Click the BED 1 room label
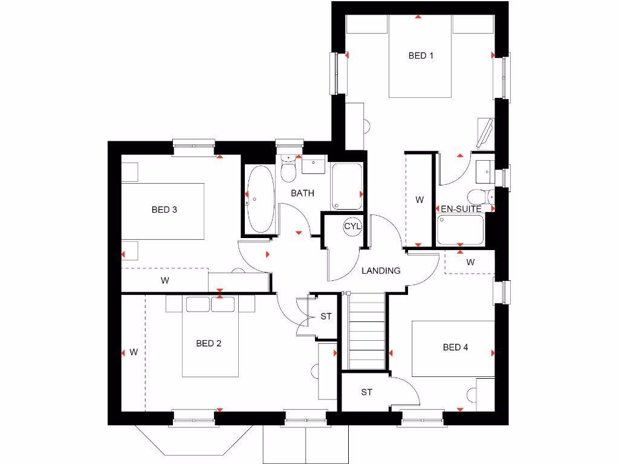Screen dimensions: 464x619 point(421,56)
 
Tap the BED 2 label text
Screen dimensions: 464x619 point(209,343)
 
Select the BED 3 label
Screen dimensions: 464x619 point(164,210)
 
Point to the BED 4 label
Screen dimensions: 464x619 point(455,347)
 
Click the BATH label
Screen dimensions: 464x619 point(302,193)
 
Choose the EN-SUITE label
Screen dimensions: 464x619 point(461,209)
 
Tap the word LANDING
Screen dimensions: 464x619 point(381,271)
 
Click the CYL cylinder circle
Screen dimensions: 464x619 point(352,227)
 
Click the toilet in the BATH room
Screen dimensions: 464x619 point(290,170)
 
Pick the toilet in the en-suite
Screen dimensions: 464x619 point(481,197)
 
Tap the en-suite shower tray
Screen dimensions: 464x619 point(460,230)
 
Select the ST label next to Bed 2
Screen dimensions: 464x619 point(326,316)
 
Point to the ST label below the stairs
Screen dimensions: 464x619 point(366,392)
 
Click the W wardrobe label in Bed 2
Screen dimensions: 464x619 point(134,352)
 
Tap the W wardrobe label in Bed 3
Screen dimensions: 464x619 point(164,280)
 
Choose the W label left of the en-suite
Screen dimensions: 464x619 point(420,199)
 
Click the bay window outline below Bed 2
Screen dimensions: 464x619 point(193,439)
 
